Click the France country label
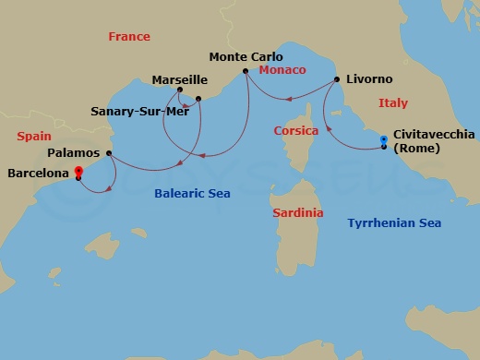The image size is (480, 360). pyautogui.click(x=128, y=37)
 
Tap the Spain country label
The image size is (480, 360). pyautogui.click(x=34, y=136)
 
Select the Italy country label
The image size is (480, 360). pyautogui.click(x=393, y=103)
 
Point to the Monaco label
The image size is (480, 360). pyautogui.click(x=282, y=70)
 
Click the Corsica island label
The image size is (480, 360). pyautogui.click(x=296, y=131)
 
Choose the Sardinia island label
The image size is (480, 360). pyautogui.click(x=298, y=212)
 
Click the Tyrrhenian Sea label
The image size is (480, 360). pyautogui.click(x=394, y=222)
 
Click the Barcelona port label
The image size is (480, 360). pyautogui.click(x=38, y=172)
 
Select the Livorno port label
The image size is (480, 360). pyautogui.click(x=370, y=79)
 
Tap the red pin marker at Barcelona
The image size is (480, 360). pyautogui.click(x=78, y=170)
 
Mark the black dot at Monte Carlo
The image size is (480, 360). pyautogui.click(x=245, y=71)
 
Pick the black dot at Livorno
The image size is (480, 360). pyautogui.click(x=336, y=79)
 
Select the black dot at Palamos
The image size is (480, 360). pyautogui.click(x=109, y=153)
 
